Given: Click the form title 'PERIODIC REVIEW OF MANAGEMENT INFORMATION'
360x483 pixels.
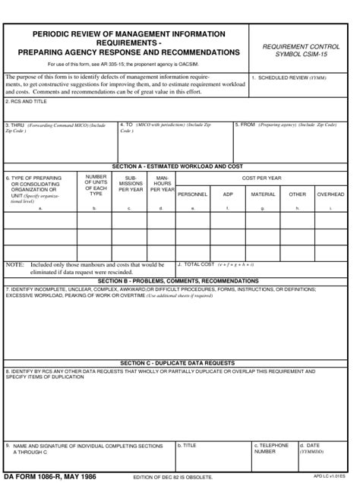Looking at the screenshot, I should point(128,34).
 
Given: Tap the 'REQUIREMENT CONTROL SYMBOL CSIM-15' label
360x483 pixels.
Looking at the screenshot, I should point(302,51).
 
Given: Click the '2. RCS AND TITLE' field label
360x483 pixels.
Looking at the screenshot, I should point(26,100).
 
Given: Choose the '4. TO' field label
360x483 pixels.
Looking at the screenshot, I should point(126,124).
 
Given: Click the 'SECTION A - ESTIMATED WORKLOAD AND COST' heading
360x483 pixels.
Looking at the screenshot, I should point(177,166).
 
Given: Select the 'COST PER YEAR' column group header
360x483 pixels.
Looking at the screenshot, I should point(261,178).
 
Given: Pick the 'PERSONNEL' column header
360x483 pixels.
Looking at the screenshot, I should point(192,194).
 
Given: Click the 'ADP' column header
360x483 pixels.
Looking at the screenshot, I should point(228,194).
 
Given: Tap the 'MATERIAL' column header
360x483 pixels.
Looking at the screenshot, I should point(263,194).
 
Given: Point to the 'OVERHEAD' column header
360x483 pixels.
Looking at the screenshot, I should point(330,194).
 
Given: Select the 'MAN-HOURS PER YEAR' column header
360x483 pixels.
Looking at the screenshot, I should point(161,184).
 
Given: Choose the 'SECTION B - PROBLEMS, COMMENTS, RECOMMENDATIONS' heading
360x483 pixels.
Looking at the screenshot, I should point(178,281).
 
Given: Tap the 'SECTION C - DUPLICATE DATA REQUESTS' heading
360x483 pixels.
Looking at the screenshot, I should point(177,363).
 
